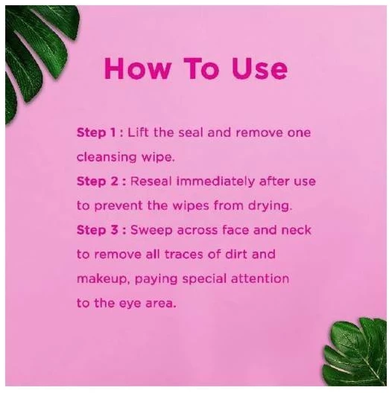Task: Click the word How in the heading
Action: pos(138,68)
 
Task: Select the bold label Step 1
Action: pos(96,132)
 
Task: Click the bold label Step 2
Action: pos(98,181)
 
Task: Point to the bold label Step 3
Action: pos(98,230)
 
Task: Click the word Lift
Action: pos(139,132)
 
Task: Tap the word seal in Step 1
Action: pos(191,132)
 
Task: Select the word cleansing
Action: pos(107,157)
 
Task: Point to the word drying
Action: pos(271,206)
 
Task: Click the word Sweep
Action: pos(151,231)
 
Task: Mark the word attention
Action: pos(260,278)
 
